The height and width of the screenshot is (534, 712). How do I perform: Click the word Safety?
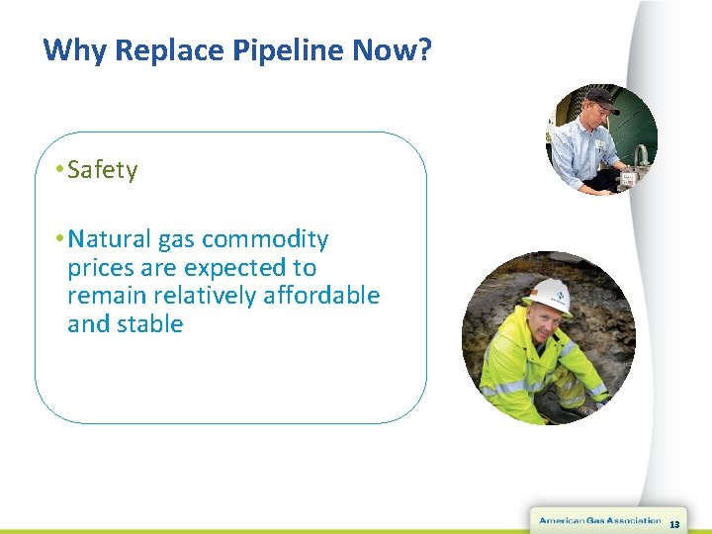(103, 170)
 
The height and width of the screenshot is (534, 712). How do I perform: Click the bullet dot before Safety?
(60, 170)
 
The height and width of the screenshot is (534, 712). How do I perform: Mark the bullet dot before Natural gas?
(60, 239)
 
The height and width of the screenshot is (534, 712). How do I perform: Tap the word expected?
(236, 268)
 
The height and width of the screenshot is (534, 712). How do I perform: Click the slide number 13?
(674, 524)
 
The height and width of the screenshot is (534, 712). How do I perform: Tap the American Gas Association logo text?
(599, 521)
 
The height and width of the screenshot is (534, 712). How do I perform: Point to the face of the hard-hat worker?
(542, 323)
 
